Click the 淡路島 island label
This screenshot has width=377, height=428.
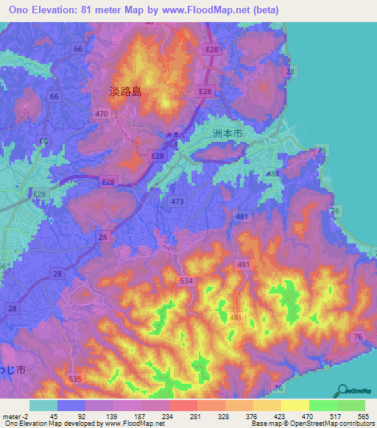pyautogui.click(x=125, y=92)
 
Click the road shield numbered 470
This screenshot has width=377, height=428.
pyautogui.click(x=102, y=113)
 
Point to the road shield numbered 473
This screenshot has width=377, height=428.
pyautogui.click(x=177, y=201)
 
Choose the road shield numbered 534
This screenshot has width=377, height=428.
pyautogui.click(x=186, y=280)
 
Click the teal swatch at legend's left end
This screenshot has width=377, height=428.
pyautogui.click(x=43, y=405)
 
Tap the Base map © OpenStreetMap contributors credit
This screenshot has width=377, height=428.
pyautogui.click(x=313, y=424)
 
